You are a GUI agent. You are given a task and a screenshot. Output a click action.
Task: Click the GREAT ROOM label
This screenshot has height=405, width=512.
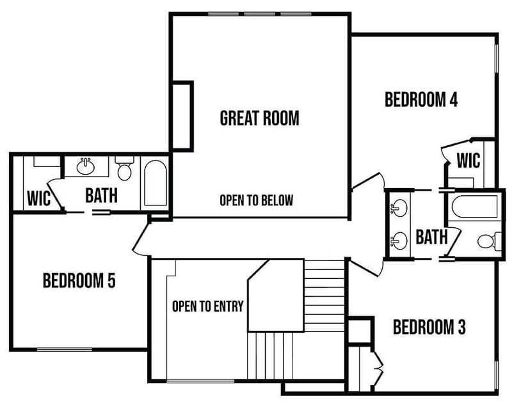pos(259,118)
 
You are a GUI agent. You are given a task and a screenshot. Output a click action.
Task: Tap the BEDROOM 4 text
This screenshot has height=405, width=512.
pos(421,100)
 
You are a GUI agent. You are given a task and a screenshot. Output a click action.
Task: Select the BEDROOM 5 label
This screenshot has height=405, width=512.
pos(79,280)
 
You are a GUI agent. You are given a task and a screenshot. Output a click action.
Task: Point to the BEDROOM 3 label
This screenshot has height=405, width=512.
pos(429,328)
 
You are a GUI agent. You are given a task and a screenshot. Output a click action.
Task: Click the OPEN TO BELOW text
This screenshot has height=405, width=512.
pos(256,200)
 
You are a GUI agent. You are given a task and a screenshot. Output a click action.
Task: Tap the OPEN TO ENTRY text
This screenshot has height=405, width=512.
pos(207,306)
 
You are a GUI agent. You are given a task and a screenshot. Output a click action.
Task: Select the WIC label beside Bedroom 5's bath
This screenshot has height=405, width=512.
pos(39,198)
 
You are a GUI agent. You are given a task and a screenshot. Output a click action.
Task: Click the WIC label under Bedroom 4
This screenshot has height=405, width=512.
pos(468,159)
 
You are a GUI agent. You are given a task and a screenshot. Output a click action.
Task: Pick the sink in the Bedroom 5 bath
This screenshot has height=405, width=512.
pos(85,168)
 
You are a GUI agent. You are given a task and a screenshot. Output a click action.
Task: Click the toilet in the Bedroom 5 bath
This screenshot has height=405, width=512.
pos(124,171)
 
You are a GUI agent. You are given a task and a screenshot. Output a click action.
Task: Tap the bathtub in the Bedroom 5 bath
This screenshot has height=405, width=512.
pos(155,183)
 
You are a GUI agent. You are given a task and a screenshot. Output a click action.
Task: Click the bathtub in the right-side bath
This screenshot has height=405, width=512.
pos(474,207)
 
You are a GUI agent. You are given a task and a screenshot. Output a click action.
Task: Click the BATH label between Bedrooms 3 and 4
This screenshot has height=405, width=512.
pos(431,237)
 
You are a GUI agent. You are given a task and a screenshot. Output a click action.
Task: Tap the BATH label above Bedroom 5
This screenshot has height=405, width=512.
pos(101,195)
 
